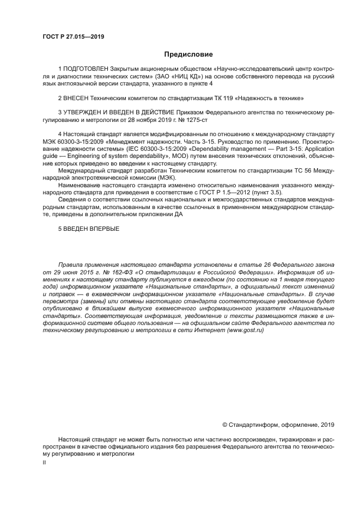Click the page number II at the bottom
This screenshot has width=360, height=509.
[x=44, y=462]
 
